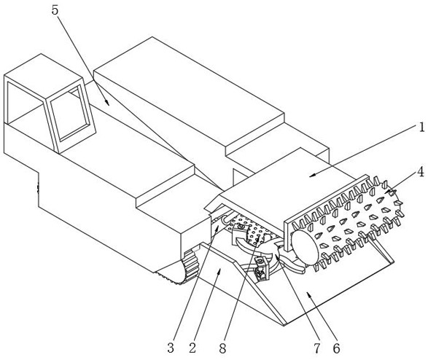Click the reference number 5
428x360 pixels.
click(55, 10)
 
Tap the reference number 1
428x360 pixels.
click(422, 127)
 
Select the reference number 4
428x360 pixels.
click(421, 172)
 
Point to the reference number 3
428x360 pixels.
click(171, 348)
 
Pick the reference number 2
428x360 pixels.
click(192, 348)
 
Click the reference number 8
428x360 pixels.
click(222, 348)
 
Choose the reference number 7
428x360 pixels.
click(316, 348)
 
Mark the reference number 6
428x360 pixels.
click(336, 348)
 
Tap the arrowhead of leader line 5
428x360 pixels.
click(107, 102)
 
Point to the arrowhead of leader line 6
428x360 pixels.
click(308, 294)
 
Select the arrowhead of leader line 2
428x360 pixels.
click(220, 270)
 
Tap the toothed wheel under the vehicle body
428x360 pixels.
click(191, 266)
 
